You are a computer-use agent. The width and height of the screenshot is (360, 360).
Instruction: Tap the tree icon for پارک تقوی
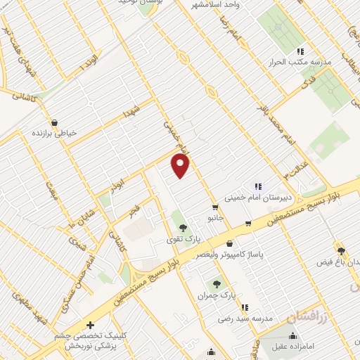click(x=184, y=227)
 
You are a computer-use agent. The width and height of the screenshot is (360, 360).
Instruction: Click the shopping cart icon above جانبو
click(x=214, y=207)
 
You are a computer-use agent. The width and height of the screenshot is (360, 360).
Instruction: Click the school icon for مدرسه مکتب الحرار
click(x=300, y=51)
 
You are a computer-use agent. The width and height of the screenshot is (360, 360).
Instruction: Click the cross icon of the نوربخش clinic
click(x=90, y=325)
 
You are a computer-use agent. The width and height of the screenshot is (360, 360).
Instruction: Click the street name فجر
click(x=134, y=210)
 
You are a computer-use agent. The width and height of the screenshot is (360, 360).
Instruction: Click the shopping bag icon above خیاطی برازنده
click(x=54, y=122)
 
